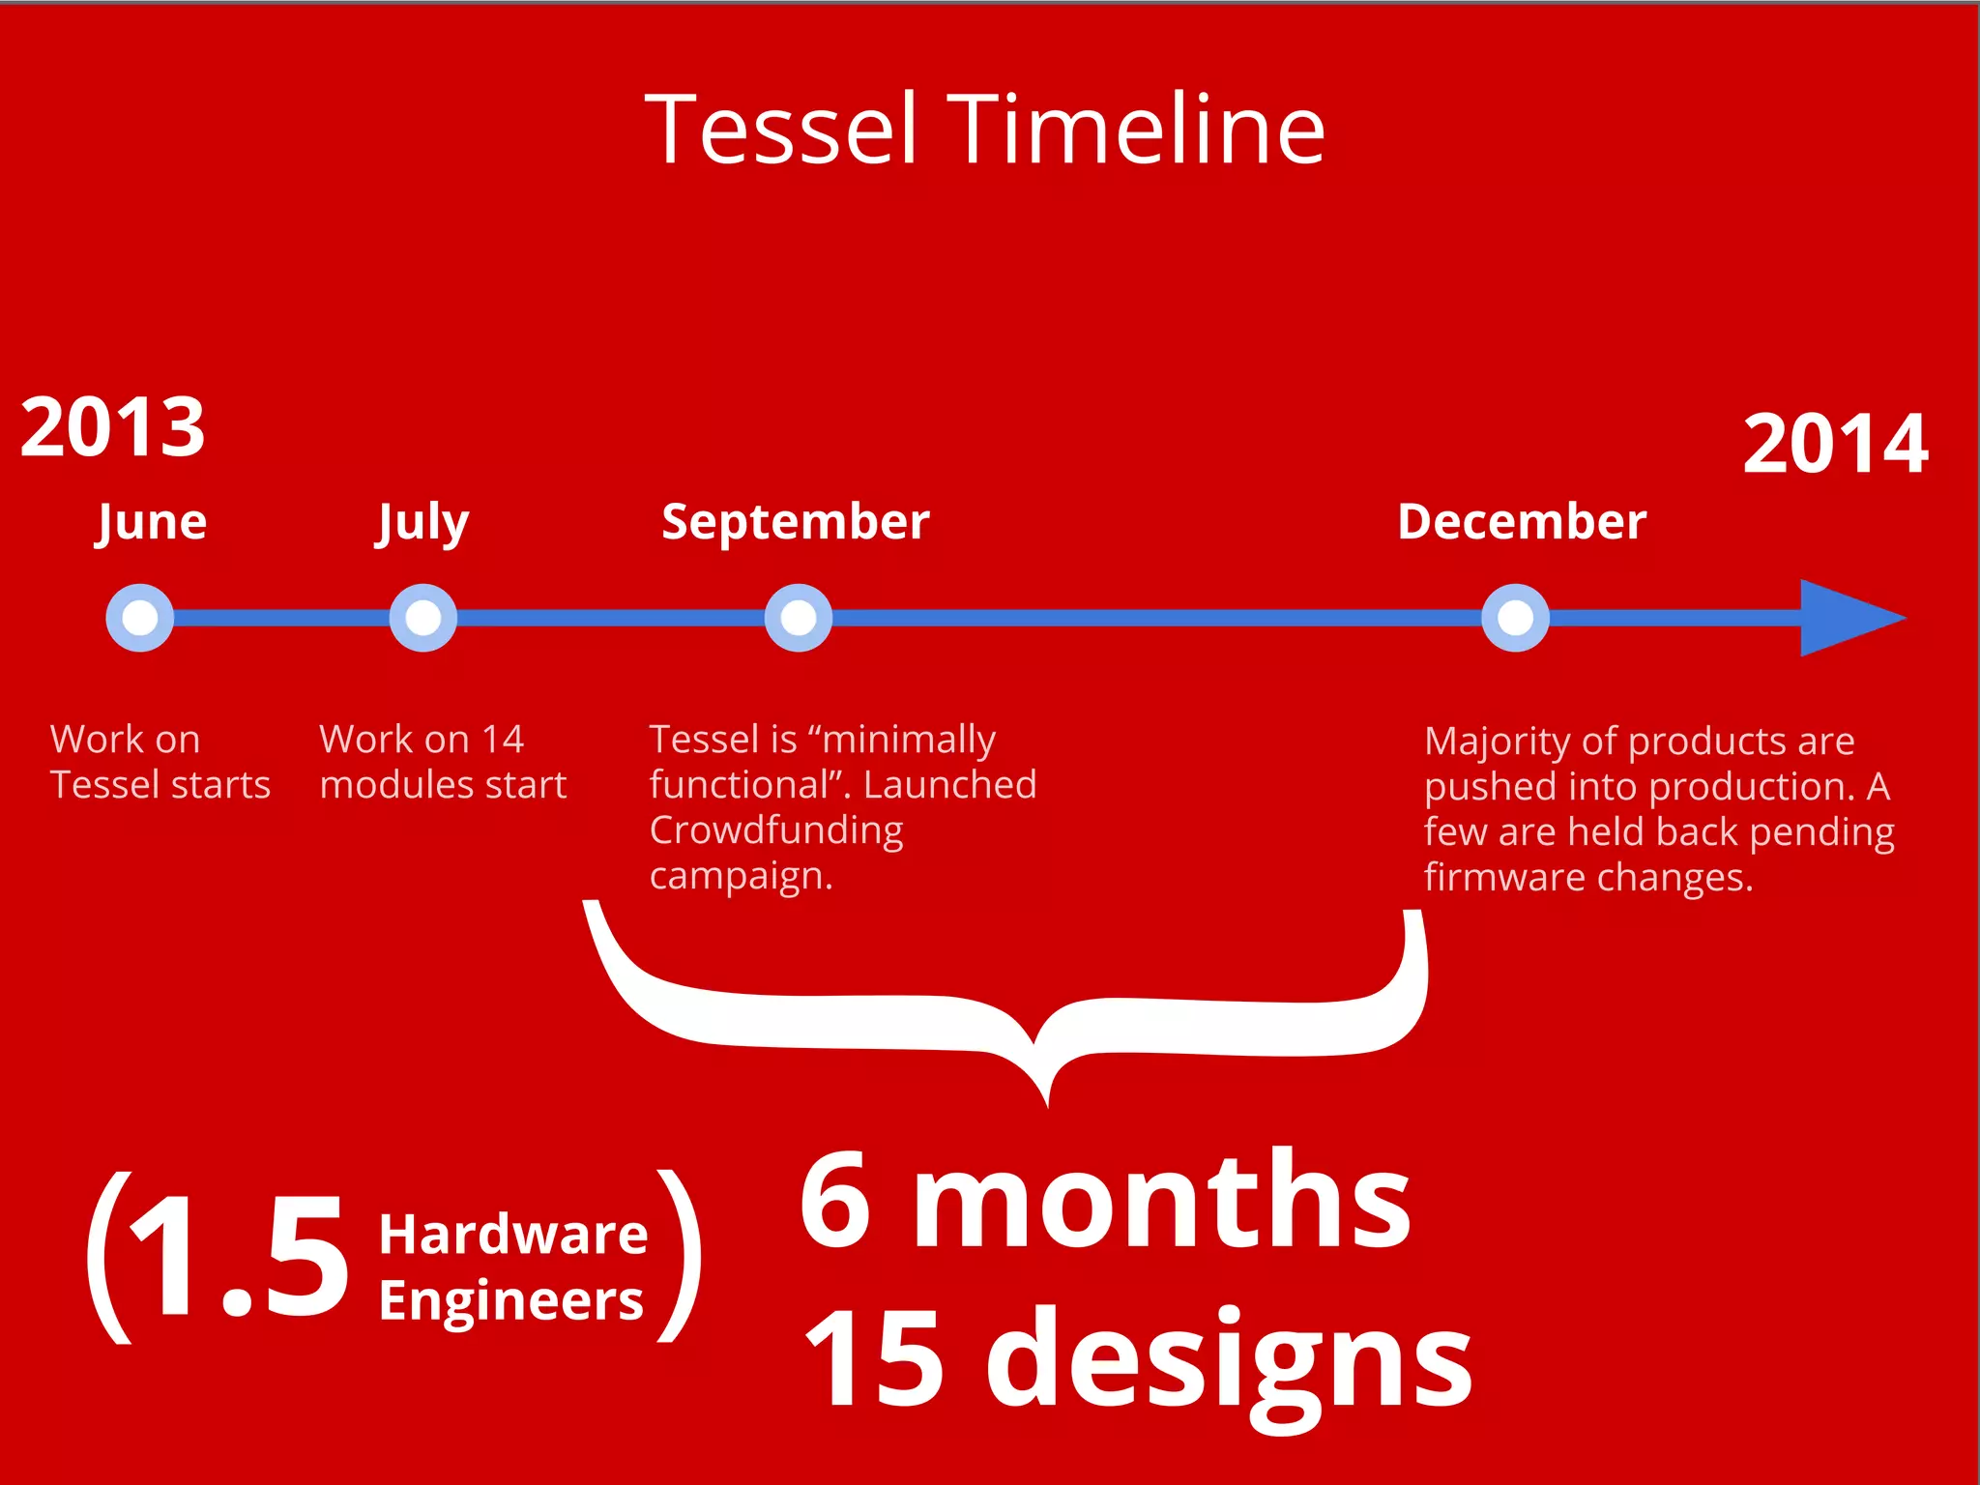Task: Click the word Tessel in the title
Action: tap(781, 130)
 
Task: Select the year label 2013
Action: tap(113, 427)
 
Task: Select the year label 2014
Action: tap(1835, 444)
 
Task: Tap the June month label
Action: tap(152, 523)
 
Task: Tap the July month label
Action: tap(422, 523)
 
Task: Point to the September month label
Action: tap(795, 522)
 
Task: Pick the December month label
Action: tap(1522, 522)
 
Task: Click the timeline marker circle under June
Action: tap(140, 618)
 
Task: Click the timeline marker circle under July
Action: tap(422, 618)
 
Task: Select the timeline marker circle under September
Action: tap(798, 618)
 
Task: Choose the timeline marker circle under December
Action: tap(1515, 618)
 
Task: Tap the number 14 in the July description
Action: tap(502, 740)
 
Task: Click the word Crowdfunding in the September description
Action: tap(775, 830)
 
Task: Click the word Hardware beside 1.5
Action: tap(512, 1236)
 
